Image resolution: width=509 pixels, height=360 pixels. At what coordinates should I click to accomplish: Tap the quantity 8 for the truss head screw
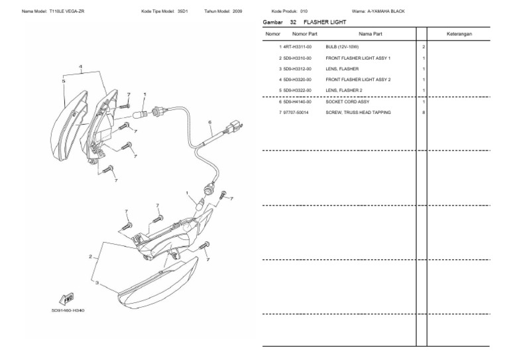pyautogui.click(x=423, y=113)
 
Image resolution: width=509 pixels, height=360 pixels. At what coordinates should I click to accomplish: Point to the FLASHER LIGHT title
pyautogui.click(x=326, y=22)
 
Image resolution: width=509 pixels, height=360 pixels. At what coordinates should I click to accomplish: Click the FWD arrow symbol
pyautogui.click(x=68, y=298)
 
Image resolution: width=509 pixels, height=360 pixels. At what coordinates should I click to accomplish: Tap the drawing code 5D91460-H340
pyautogui.click(x=68, y=310)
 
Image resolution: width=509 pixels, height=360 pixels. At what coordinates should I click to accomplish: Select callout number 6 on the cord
pyautogui.click(x=209, y=122)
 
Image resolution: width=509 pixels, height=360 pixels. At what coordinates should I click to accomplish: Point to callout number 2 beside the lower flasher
pyautogui.click(x=89, y=256)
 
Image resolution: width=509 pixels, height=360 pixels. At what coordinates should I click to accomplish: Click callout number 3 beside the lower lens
pyautogui.click(x=97, y=282)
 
